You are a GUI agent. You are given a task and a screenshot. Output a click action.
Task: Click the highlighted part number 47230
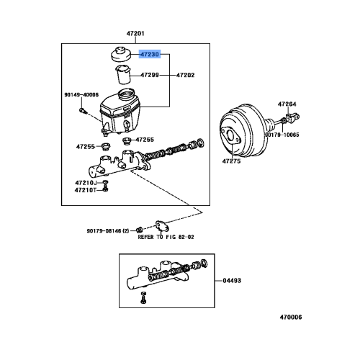150,54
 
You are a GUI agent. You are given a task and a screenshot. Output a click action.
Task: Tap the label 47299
150,75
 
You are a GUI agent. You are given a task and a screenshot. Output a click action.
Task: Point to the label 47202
186,75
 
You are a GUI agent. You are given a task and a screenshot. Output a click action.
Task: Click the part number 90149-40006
80,94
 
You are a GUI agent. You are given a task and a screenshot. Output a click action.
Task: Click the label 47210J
85,183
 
